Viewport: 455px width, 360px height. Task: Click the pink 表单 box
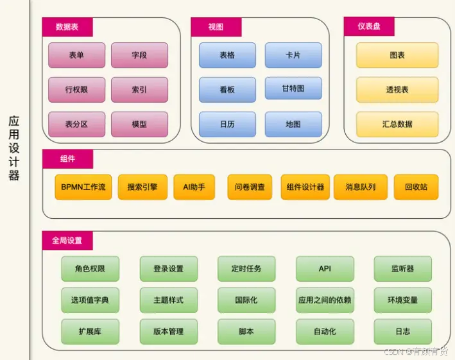pos(76,55)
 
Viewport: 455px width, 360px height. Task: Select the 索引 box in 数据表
pos(139,90)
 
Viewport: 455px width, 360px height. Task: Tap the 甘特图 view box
pos(293,88)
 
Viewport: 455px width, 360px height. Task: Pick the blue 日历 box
pos(227,124)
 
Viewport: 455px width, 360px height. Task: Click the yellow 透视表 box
pos(397,90)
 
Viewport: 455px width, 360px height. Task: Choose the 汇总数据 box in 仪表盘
pos(397,124)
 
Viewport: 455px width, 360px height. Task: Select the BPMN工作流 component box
pos(83,187)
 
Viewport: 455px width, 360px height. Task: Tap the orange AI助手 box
pos(194,187)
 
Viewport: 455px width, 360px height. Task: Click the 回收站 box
pos(416,187)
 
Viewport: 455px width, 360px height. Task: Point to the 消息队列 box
pos(361,187)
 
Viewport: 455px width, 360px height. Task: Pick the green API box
pos(325,269)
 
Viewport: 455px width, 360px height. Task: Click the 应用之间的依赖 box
pos(325,300)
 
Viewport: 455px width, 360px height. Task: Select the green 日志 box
pos(403,331)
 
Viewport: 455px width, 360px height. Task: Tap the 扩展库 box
pos(90,331)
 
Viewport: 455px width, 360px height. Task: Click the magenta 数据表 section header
pos(67,27)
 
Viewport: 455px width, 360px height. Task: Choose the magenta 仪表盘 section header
pos(369,26)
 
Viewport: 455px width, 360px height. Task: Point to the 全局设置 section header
pos(67,241)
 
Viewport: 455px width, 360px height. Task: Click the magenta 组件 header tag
pos(67,159)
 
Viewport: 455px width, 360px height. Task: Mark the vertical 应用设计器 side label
pos(13,148)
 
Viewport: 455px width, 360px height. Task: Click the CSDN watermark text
pos(416,352)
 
